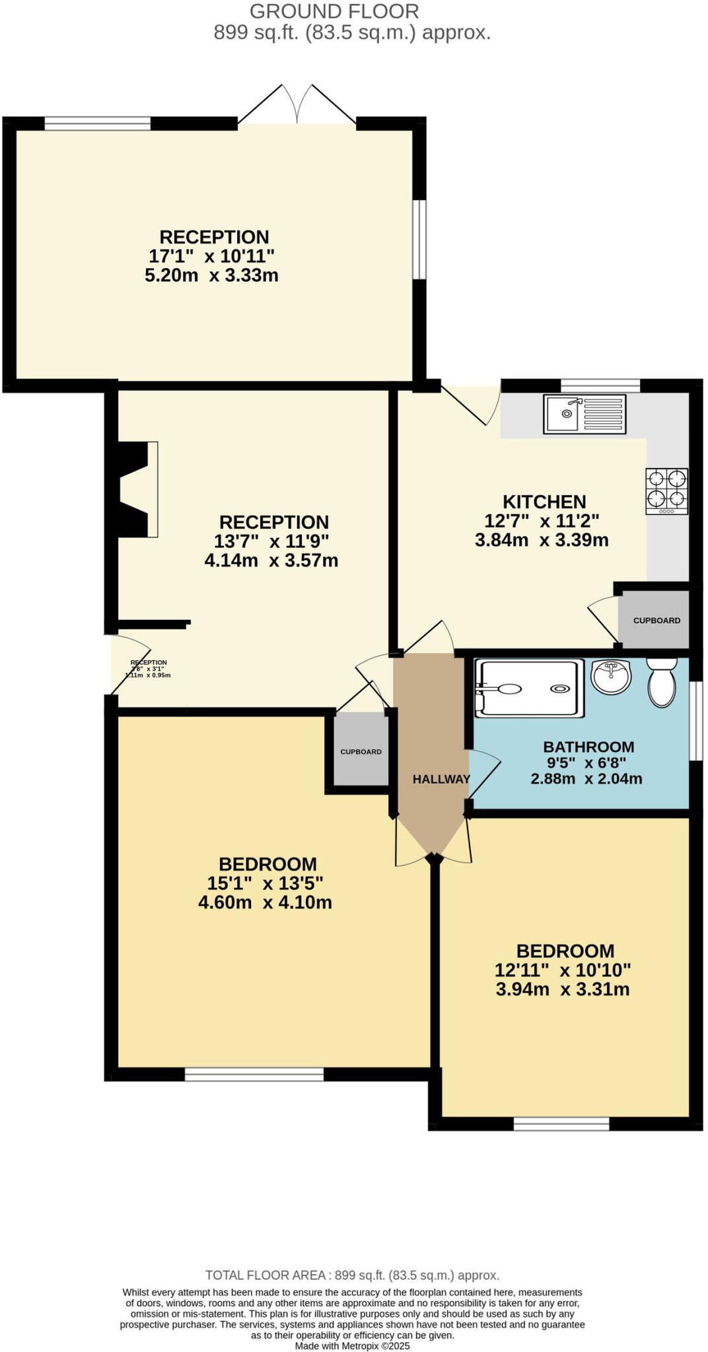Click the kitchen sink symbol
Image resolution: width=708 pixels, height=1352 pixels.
(x=584, y=414)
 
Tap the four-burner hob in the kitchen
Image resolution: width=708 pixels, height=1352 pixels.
(x=666, y=491)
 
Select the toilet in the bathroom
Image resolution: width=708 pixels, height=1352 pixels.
(x=662, y=683)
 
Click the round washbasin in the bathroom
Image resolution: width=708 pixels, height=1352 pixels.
(x=611, y=677)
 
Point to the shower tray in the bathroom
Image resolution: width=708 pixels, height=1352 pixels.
(x=530, y=689)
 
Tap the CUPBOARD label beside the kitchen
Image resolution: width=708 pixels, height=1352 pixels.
(x=656, y=621)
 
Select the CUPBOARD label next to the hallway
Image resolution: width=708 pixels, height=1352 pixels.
(x=361, y=752)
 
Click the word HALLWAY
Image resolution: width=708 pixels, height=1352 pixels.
(x=441, y=779)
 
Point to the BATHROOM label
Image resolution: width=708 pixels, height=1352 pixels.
(x=588, y=747)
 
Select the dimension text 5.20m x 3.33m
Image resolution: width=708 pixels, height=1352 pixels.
(x=211, y=275)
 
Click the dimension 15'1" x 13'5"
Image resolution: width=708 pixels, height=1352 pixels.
(x=265, y=883)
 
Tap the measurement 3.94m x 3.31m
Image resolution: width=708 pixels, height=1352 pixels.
(x=562, y=990)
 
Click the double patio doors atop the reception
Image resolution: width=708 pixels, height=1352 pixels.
(x=297, y=106)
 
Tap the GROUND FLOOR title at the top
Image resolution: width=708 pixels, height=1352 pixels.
(x=334, y=11)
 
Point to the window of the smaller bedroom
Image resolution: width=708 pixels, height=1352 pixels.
(x=561, y=1124)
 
